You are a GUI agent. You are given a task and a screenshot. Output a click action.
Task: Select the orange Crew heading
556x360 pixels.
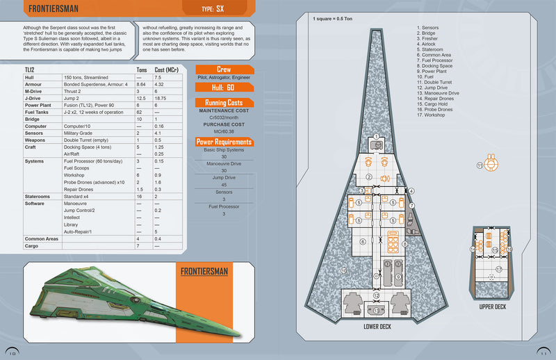pyautogui.click(x=224, y=69)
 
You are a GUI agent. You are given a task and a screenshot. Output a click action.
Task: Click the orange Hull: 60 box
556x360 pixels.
pyautogui.click(x=224, y=88)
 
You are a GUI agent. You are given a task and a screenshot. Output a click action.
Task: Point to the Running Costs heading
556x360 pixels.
pyautogui.click(x=224, y=103)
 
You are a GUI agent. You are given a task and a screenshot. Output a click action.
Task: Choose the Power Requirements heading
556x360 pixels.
pyautogui.click(x=224, y=142)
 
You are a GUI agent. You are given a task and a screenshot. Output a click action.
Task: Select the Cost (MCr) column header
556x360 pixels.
pyautogui.click(x=169, y=69)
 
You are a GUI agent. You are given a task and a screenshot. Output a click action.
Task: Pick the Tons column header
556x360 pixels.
pyautogui.click(x=142, y=69)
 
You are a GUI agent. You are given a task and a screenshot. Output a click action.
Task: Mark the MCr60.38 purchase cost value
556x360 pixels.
pyautogui.click(x=224, y=131)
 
